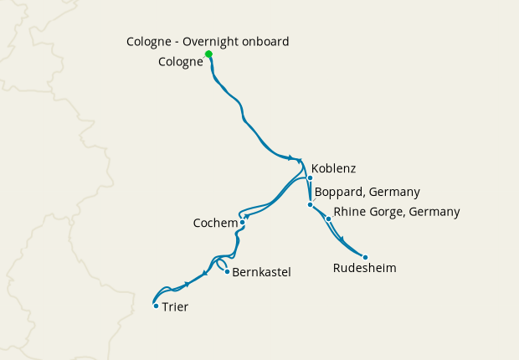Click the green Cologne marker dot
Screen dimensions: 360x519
pos(208,54)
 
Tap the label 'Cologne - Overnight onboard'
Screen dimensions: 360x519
pos(208,41)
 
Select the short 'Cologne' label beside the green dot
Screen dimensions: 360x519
pos(181,62)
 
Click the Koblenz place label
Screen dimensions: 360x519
pos(333,168)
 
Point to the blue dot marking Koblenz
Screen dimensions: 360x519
pos(310,177)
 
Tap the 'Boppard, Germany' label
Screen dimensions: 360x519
pos(367,192)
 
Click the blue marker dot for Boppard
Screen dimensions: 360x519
pos(310,205)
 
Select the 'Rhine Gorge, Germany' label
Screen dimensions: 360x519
pos(397,212)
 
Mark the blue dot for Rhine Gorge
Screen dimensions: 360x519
pos(328,219)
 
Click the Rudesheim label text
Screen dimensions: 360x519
pos(364,268)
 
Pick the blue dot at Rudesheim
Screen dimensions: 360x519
pos(365,257)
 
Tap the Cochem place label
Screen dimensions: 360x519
pos(215,224)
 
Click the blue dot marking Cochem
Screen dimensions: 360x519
pos(242,223)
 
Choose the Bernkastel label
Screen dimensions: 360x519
pos(261,272)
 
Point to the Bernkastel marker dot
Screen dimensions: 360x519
pos(227,271)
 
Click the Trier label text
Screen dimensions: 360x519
pos(175,307)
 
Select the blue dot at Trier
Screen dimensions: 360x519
pos(156,306)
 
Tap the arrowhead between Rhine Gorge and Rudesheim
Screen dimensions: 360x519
pos(342,239)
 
